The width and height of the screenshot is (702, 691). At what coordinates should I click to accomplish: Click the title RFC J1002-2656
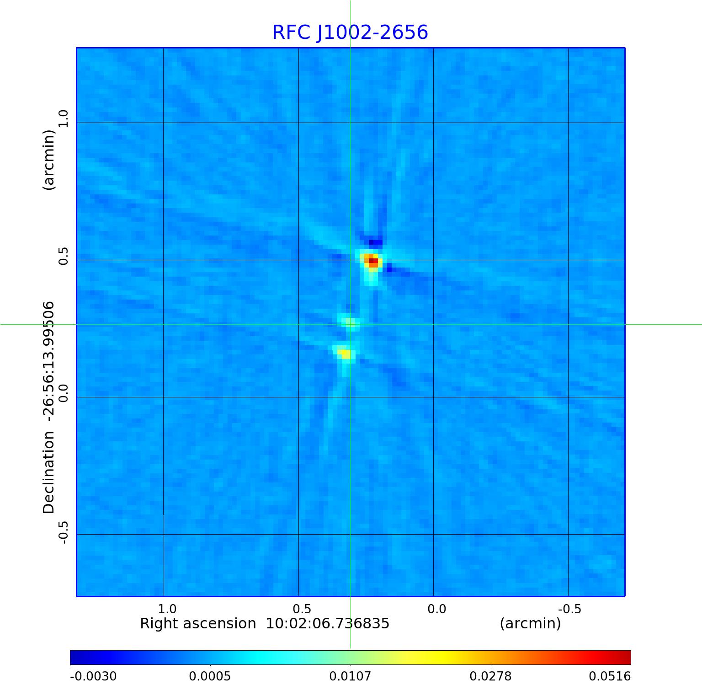pyautogui.click(x=350, y=32)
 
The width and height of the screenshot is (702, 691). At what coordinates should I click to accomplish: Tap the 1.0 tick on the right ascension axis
pyautogui.click(x=167, y=609)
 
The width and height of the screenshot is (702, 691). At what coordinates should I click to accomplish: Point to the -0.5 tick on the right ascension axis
pyautogui.click(x=569, y=609)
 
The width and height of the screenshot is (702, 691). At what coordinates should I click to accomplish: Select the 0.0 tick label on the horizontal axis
pyautogui.click(x=436, y=609)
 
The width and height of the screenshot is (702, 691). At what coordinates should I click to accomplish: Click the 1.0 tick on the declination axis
pyautogui.click(x=63, y=118)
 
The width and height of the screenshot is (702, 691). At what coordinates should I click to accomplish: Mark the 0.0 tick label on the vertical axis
pyautogui.click(x=63, y=393)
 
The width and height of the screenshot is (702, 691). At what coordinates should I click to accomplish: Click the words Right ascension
pyautogui.click(x=198, y=624)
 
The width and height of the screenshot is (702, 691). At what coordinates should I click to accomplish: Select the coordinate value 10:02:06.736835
pyautogui.click(x=328, y=624)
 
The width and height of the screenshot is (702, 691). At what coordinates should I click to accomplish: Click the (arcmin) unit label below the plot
pyautogui.click(x=530, y=624)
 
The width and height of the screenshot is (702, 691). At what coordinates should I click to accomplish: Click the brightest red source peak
pyautogui.click(x=373, y=261)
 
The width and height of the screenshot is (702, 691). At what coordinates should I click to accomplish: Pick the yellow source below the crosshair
pyautogui.click(x=346, y=354)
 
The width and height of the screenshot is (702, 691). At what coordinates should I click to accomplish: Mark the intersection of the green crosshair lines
pyautogui.click(x=351, y=324)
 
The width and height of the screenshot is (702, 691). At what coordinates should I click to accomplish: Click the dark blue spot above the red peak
pyautogui.click(x=376, y=242)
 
